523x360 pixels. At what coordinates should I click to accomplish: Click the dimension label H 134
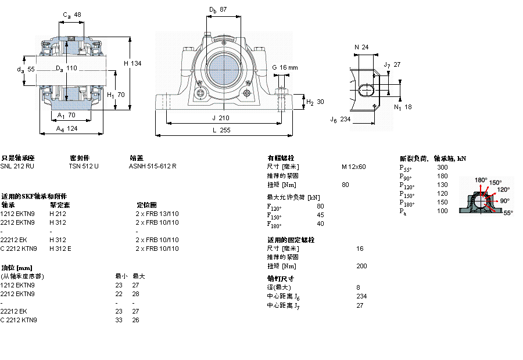pos(133,63)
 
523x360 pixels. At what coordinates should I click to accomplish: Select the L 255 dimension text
pos(221,131)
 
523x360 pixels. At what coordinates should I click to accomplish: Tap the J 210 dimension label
pos(220,118)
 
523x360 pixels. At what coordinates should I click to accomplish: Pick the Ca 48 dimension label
pos(71,15)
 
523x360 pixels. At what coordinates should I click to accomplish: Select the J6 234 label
pos(341,120)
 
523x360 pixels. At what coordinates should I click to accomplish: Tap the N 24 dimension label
pos(361,47)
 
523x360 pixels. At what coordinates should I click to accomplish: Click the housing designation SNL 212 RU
pos(17,166)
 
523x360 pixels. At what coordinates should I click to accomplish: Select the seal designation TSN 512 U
pos(84,166)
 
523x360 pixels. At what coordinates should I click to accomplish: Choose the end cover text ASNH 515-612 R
pos(152,166)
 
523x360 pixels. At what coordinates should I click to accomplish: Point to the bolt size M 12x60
pos(353,167)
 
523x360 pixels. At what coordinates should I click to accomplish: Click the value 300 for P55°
pos(442,167)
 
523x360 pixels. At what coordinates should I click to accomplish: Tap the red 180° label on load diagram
pos(481,180)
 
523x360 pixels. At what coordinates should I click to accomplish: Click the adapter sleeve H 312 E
pos(60,249)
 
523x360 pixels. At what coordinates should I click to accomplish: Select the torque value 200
pos(361,266)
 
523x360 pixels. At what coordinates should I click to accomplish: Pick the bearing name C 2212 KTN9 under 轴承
pos(19,249)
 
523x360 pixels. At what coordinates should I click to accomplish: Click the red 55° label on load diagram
pos(507,213)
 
